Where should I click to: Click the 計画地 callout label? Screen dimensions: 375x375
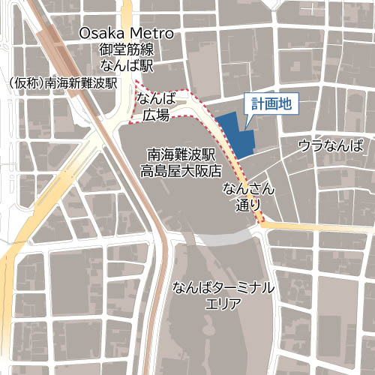point(271,106)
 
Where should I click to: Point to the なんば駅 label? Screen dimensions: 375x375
point(127,66)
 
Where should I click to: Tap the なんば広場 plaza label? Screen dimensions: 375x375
point(157,106)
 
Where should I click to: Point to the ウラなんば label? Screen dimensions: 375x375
point(330,145)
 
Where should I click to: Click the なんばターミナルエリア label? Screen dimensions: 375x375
point(223,295)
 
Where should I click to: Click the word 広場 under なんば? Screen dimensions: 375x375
point(157,115)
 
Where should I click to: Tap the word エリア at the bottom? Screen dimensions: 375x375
point(223,304)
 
